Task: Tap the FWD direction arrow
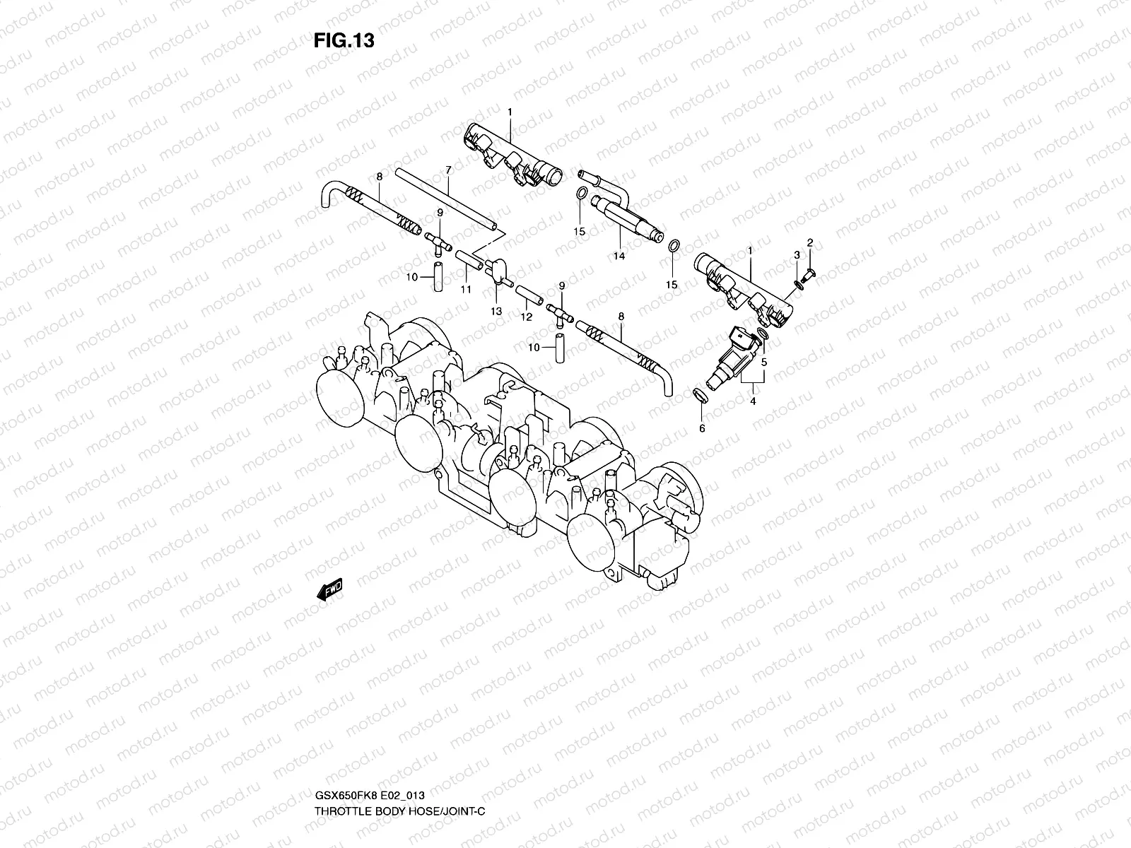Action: click(x=329, y=589)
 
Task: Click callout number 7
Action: click(x=448, y=170)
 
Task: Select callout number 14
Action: click(x=619, y=257)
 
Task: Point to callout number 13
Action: click(x=496, y=311)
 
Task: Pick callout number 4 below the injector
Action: click(x=753, y=401)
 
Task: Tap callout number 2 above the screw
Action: click(x=810, y=242)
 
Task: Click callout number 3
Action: click(x=796, y=254)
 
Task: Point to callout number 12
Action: click(x=526, y=318)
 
